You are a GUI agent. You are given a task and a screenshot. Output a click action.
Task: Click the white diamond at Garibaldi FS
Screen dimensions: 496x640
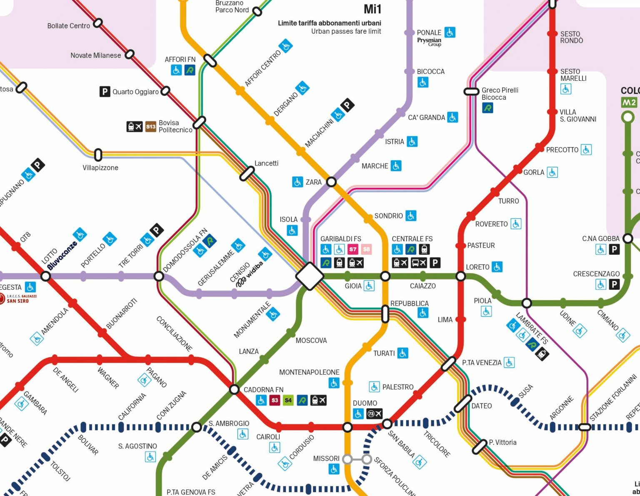click(310, 276)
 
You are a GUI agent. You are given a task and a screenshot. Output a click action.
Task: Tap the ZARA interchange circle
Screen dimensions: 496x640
click(331, 182)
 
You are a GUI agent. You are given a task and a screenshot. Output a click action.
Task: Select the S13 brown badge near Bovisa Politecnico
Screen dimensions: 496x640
click(151, 126)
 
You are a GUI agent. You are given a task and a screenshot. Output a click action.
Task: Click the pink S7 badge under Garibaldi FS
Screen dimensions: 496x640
click(353, 249)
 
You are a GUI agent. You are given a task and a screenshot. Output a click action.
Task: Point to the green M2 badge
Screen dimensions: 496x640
click(629, 103)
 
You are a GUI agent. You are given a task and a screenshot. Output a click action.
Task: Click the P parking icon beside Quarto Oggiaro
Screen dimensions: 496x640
click(105, 91)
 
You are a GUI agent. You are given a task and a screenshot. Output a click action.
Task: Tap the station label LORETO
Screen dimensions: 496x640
click(477, 267)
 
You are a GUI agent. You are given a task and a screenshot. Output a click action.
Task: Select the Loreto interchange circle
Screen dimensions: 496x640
click(461, 276)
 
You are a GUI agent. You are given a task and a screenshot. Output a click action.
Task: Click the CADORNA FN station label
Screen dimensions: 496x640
click(263, 390)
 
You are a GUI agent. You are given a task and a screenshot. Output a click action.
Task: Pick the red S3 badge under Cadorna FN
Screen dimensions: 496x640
click(275, 400)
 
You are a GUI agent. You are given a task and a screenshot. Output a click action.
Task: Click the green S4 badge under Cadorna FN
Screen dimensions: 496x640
click(288, 400)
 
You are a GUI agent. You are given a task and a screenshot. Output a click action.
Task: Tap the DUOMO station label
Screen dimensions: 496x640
click(365, 403)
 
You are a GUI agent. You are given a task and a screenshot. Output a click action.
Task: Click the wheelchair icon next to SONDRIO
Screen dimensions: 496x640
click(411, 215)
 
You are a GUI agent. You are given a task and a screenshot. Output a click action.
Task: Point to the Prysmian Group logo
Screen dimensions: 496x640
click(429, 42)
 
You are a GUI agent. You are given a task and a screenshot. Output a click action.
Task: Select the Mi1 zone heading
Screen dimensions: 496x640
click(372, 9)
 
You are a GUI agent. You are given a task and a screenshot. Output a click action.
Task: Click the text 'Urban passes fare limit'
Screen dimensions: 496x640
click(346, 31)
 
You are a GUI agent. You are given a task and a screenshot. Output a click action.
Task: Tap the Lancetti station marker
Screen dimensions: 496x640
click(247, 173)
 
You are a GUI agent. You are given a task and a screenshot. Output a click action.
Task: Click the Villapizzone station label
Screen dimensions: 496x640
click(100, 168)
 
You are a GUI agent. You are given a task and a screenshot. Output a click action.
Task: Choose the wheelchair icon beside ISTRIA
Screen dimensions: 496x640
click(412, 142)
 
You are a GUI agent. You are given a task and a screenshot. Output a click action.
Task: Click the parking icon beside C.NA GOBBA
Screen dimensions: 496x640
click(614, 249)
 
